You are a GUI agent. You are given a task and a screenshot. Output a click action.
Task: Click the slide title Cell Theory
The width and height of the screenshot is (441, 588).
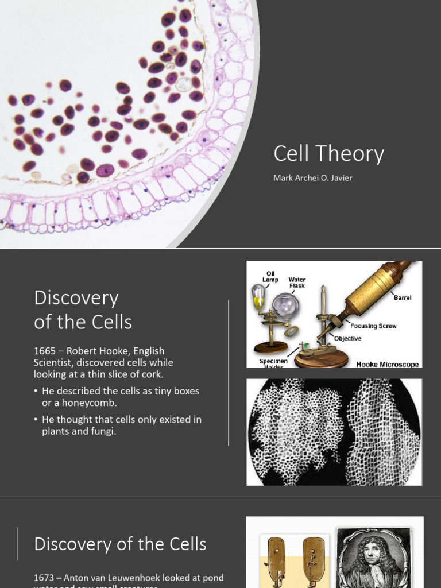[x=328, y=154]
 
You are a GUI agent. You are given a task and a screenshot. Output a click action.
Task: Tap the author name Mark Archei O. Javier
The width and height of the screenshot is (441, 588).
[x=312, y=178]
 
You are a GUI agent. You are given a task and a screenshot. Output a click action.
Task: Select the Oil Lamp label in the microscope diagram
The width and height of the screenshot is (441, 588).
[x=270, y=276]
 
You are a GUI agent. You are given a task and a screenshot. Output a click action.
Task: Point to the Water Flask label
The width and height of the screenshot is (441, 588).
[x=297, y=283]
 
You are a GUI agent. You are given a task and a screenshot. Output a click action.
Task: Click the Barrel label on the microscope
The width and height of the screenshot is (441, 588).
[x=402, y=297]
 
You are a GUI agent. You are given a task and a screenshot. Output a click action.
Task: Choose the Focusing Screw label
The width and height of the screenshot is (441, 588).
[x=373, y=326]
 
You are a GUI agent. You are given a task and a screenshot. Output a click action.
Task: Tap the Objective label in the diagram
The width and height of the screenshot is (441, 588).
[x=348, y=338]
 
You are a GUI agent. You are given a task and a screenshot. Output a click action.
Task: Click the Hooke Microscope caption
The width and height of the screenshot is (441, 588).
[x=387, y=364]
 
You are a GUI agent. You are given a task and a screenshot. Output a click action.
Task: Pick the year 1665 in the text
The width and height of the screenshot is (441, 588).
[x=45, y=350]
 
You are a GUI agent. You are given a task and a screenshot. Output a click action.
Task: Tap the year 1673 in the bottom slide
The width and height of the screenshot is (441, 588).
[x=45, y=578]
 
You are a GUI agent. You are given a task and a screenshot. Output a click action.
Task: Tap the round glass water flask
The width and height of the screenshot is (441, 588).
[x=285, y=305]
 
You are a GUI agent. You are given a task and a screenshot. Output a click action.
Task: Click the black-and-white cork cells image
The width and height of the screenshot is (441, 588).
[x=334, y=432]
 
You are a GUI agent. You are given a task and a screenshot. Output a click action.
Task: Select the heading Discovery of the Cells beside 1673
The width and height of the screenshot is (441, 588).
[x=120, y=544]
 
